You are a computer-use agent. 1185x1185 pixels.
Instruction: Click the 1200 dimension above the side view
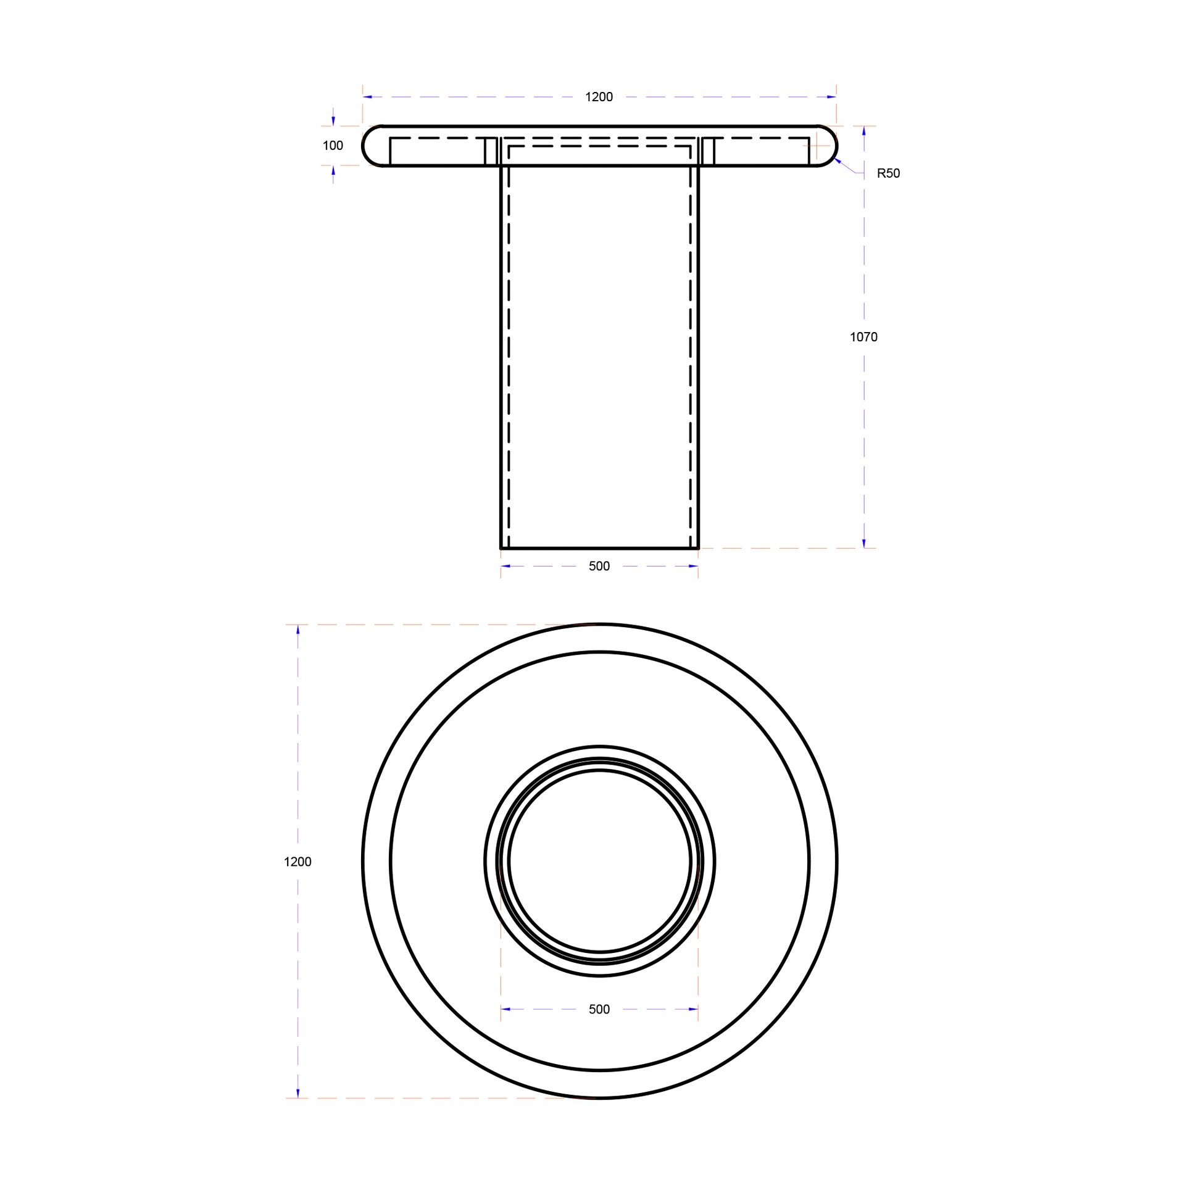(x=599, y=97)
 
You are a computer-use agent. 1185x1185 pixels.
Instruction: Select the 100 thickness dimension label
(x=333, y=146)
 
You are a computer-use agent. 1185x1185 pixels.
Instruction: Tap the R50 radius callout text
(x=888, y=173)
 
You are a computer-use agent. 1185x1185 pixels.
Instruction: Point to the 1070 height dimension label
(x=863, y=337)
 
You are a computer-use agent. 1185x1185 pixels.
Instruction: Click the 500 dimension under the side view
(x=599, y=567)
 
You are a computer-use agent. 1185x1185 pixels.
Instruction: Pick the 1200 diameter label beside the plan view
(x=297, y=862)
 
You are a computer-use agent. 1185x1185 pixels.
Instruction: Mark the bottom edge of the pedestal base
(x=599, y=547)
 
